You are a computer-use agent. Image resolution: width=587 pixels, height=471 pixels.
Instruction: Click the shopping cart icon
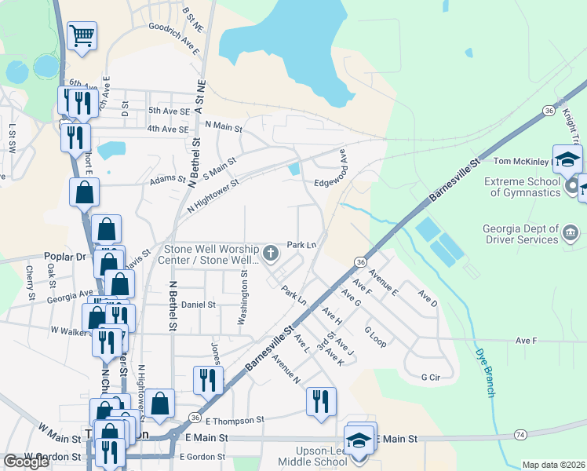click(x=82, y=36)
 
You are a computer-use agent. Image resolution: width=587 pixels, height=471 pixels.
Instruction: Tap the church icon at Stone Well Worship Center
click(x=272, y=253)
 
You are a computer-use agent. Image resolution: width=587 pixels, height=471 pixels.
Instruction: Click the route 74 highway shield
click(x=520, y=434)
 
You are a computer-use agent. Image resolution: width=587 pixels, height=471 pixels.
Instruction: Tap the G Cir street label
click(x=431, y=378)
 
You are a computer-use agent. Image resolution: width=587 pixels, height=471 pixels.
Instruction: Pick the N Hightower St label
click(x=213, y=196)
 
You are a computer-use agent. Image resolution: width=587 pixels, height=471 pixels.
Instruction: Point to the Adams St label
click(x=166, y=179)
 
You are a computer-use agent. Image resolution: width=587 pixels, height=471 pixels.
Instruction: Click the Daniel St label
click(x=198, y=305)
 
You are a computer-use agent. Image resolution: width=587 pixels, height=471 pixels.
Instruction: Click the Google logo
click(x=26, y=462)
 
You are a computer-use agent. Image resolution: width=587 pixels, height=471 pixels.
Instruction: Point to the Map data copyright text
click(x=552, y=465)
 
